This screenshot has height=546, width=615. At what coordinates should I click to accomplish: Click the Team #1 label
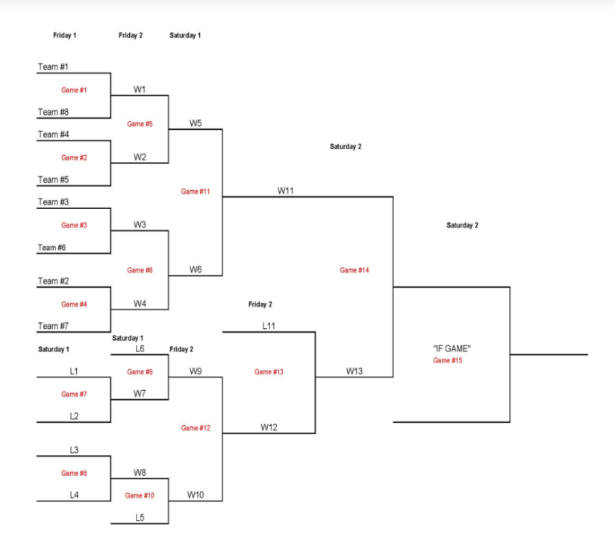pos(54,67)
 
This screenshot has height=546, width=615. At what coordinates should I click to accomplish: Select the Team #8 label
pos(54,112)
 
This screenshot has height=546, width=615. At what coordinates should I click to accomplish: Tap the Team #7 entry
pos(54,326)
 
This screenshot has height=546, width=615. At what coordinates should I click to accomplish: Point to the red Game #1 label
pos(74,90)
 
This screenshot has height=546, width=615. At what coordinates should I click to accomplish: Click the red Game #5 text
pos(140,124)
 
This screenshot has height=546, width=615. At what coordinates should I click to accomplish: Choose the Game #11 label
pos(196,192)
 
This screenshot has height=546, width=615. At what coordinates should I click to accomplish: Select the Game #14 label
pos(355,270)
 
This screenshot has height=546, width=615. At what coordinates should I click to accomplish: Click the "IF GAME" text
pos(452,348)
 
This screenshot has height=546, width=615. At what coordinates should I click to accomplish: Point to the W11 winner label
pos(286,191)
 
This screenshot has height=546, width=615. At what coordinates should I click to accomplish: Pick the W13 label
pos(355,371)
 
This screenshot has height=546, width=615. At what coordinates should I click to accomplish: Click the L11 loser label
pos(269,326)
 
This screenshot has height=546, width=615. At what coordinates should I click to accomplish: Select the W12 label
pos(269,427)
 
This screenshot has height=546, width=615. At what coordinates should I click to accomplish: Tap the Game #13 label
pos(269,371)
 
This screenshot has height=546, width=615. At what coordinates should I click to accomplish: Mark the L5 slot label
pos(140,518)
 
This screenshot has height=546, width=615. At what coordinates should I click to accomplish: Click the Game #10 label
pos(140,495)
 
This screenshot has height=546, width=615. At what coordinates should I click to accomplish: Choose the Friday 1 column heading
pos(65,35)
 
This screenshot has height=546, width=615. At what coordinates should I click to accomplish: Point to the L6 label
pos(140,348)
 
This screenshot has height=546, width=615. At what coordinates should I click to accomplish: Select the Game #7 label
pos(74,394)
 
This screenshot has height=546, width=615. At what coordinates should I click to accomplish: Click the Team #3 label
pos(54,202)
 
